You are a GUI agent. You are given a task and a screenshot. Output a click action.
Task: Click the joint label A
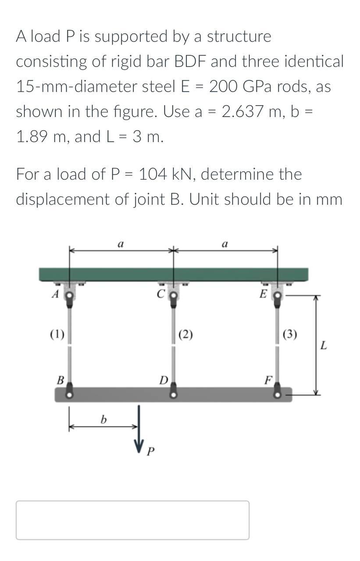coord(55,294)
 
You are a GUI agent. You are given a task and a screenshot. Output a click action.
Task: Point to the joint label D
coord(163,380)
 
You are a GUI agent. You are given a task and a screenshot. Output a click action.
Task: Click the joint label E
coord(263,294)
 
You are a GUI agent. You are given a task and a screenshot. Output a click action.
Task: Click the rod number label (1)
coord(57,336)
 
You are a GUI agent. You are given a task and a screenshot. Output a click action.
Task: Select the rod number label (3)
coord(290,336)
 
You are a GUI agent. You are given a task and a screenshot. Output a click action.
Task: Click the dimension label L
coord(323,345)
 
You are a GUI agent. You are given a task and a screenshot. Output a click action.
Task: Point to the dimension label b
coord(103,420)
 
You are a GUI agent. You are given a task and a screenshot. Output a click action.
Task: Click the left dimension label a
coord(121,244)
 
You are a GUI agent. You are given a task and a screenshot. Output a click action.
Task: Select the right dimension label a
coord(225,244)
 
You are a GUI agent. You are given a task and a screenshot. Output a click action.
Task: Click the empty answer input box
coord(132,520)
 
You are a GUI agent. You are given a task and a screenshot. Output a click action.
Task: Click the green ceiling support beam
coord(174,274)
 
